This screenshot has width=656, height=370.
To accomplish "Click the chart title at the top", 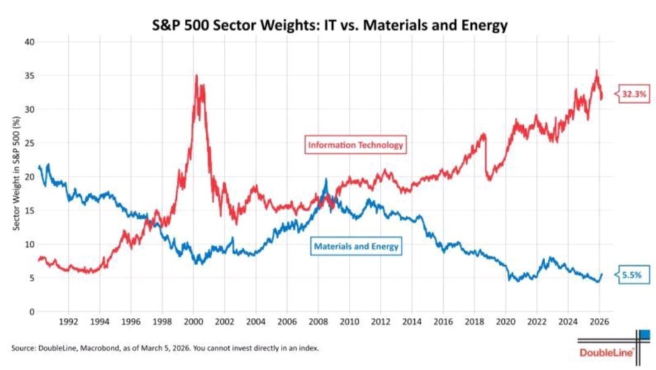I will point(330,26).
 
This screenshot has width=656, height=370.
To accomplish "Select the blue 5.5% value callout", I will point(632,276).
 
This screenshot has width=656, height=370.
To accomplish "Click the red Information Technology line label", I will point(356,145).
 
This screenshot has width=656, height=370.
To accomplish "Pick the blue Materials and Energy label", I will point(356,246).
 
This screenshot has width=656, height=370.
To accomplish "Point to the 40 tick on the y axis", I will point(29,42).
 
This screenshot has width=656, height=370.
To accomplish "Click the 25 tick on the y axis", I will point(29,143).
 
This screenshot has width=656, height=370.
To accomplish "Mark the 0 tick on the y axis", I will point(31,311).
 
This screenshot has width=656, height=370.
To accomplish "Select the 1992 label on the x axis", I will point(68,321).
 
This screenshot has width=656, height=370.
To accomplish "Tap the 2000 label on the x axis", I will point(193,321).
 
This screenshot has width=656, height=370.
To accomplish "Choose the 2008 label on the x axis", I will point(318,321).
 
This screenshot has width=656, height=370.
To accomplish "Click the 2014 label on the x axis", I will point(411,321).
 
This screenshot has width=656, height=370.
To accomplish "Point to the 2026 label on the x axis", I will point(598,321).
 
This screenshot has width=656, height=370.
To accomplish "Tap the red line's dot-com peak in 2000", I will point(196,75).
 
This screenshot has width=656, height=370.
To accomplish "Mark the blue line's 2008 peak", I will point(326,179).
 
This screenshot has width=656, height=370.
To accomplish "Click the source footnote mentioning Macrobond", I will point(165,348).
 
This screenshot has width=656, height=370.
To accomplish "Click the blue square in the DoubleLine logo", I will point(644,334).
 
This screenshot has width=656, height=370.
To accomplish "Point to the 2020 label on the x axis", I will point(505,321).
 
